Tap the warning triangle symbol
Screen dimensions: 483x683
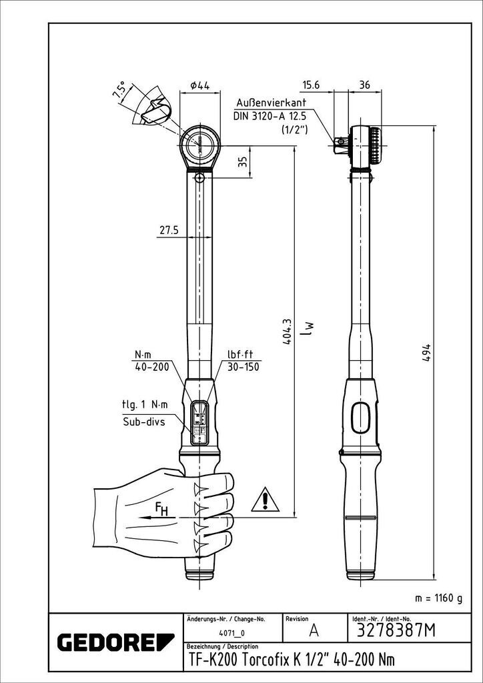[x=265, y=499]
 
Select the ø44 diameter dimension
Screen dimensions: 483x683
[x=200, y=86]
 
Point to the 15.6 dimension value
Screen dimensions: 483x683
[x=312, y=85]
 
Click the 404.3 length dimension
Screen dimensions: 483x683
[x=287, y=331]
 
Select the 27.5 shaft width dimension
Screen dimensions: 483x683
[x=169, y=230]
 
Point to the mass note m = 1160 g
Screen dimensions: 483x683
[x=438, y=598]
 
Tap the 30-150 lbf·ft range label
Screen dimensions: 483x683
[x=243, y=367]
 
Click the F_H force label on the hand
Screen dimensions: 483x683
[x=161, y=508]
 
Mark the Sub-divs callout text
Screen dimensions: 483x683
[x=143, y=422]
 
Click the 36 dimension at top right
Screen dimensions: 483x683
[x=365, y=85]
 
